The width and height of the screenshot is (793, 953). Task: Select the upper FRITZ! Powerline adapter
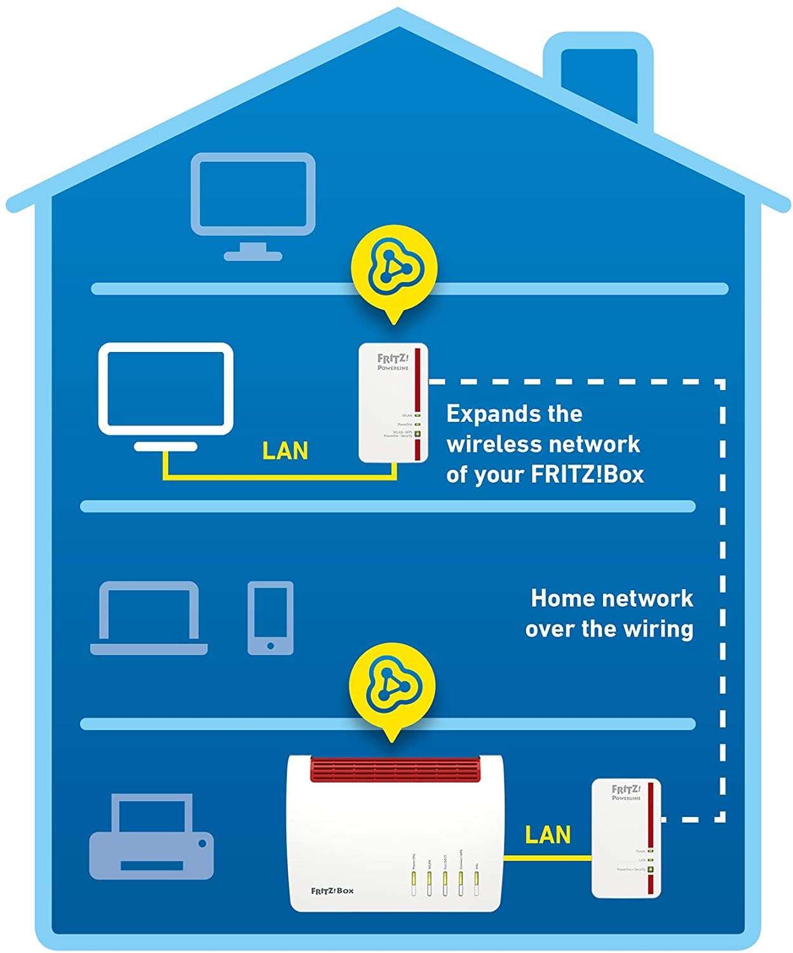(x=393, y=402)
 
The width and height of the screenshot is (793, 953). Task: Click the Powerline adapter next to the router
(x=626, y=837)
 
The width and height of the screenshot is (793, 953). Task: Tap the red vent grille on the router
(x=394, y=769)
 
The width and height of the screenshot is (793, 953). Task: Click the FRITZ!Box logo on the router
(x=332, y=891)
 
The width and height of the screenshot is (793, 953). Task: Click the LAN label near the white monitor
(x=285, y=451)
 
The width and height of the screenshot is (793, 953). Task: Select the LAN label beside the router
(x=548, y=835)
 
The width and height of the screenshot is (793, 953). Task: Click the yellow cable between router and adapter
(x=547, y=857)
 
